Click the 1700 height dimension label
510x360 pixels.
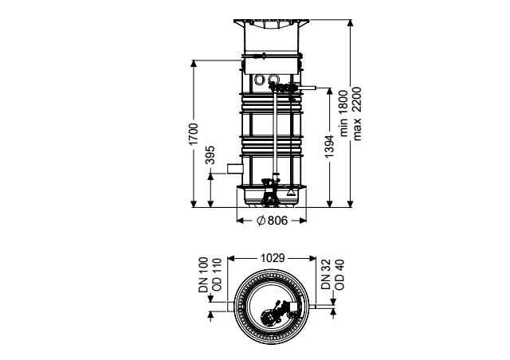[194, 135]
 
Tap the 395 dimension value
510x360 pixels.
[210, 155]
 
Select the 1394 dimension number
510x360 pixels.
[329, 147]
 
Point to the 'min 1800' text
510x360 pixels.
[343, 114]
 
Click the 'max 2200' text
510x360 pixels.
[357, 114]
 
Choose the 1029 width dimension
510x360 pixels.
[273, 258]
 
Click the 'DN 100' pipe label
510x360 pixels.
[203, 275]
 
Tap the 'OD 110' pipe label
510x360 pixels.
[216, 275]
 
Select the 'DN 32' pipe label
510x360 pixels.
[326, 275]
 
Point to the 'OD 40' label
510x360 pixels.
[339, 275]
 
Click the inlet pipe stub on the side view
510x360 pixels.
[235, 169]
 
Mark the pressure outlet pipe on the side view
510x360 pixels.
[308, 88]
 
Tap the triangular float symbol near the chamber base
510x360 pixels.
[290, 192]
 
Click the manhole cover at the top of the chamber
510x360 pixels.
[271, 22]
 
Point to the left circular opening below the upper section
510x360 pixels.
[260, 79]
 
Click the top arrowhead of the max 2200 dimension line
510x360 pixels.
[350, 23]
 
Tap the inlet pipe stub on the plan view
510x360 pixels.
[230, 307]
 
